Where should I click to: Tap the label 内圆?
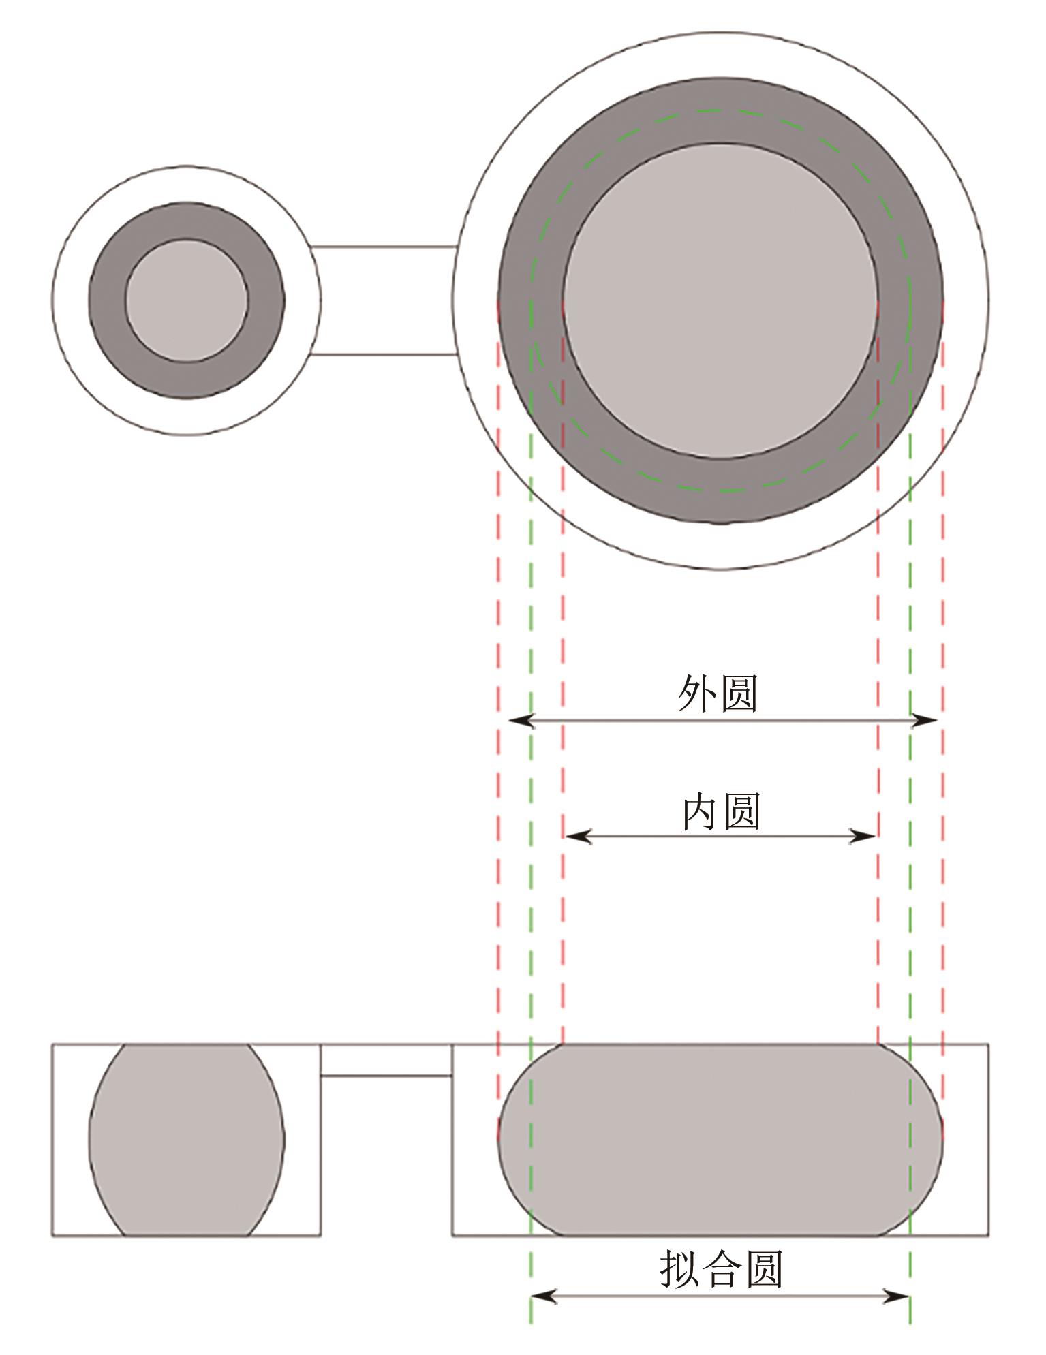(x=721, y=811)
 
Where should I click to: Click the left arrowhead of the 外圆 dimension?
(x=520, y=720)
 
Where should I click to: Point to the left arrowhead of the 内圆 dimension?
(x=578, y=837)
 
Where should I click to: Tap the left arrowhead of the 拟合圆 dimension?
(x=544, y=1296)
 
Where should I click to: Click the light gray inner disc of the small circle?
(x=187, y=300)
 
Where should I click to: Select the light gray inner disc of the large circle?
(x=720, y=300)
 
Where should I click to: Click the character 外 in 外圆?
(x=697, y=694)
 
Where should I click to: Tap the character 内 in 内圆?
(x=701, y=811)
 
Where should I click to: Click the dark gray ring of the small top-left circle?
(x=106, y=300)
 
